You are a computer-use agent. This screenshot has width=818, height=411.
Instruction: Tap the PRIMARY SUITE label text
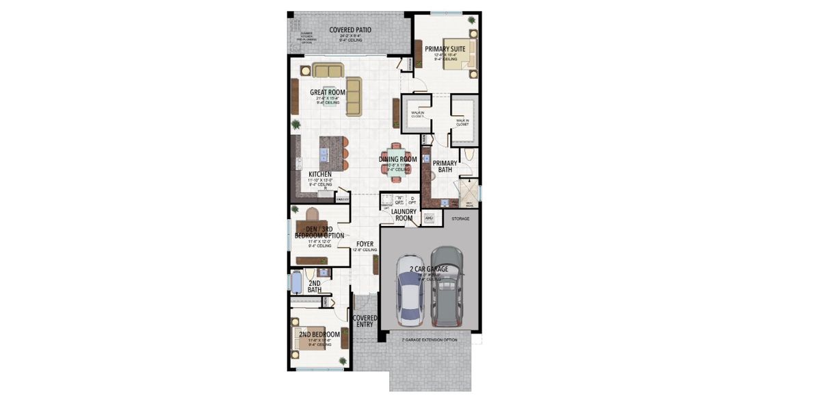[x=445, y=49]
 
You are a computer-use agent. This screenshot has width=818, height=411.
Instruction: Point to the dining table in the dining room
[x=397, y=160]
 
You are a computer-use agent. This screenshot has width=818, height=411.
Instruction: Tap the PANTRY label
[x=343, y=199]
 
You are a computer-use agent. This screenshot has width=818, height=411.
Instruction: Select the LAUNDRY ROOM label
[x=404, y=216]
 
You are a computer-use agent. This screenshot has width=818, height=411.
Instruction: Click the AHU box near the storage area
[x=430, y=218]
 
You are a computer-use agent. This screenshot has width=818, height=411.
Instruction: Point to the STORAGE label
[x=460, y=219]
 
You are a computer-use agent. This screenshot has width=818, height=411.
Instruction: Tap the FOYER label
[x=365, y=243]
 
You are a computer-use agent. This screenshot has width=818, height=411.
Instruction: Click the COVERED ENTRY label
[x=365, y=321]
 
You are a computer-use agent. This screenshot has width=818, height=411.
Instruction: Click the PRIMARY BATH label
[x=445, y=166]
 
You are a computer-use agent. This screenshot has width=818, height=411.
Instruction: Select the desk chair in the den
[x=311, y=213]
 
